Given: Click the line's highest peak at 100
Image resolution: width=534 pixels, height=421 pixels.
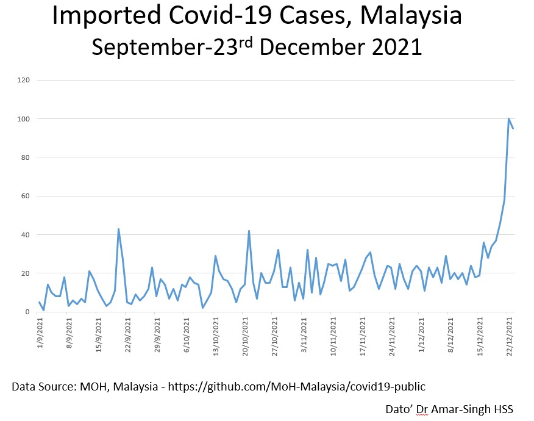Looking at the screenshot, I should point(509,118).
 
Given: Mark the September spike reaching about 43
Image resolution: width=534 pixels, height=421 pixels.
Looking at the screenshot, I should point(118,229).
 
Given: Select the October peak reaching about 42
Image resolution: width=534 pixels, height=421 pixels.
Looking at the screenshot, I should point(249,231).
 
